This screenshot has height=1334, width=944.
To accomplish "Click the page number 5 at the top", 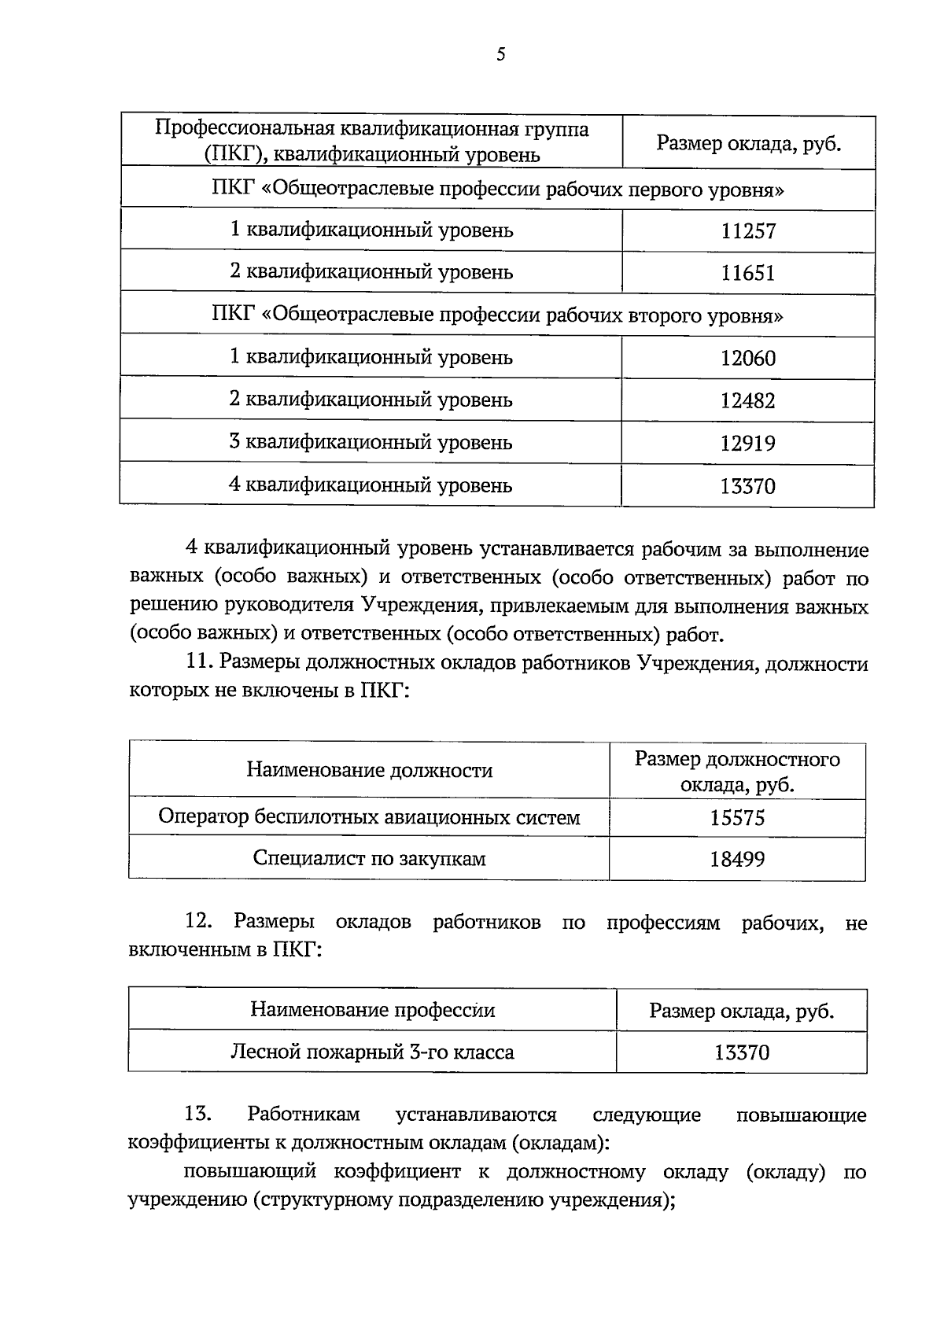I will coord(501,54).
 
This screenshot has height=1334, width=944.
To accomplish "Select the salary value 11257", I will coord(748,231).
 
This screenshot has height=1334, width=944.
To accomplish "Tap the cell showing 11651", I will coord(748,274).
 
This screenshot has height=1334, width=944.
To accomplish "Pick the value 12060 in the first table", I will coord(748,359).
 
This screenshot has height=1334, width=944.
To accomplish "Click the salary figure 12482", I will coord(748,401).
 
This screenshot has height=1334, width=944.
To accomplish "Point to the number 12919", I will coord(748,444).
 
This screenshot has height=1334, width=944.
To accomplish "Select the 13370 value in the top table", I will coord(748,486).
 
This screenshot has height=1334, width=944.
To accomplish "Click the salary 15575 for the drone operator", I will coord(737,818).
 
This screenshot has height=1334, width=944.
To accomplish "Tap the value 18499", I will coord(737,859).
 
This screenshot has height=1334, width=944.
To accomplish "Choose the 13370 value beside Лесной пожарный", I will coord(742,1052).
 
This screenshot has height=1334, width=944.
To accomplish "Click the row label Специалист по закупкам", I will coord(369,858).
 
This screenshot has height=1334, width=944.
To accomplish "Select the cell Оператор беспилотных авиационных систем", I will coord(369,817).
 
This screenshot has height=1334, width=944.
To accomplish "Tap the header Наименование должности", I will coord(369,770).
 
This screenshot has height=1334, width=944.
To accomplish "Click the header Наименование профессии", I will coord(373,1010).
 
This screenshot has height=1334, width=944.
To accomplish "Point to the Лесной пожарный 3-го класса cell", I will coord(372,1052).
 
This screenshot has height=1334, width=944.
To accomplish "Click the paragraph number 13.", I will coord(198,1115).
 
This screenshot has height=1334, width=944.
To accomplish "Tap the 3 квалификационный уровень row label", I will coord(371,442).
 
